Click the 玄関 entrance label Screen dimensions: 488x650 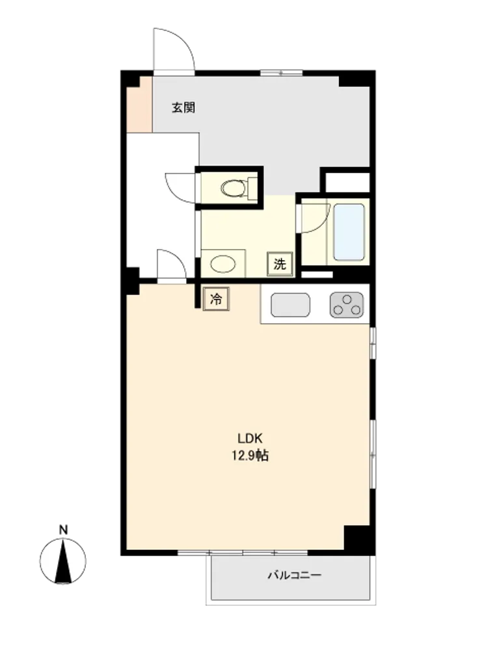point(184,108)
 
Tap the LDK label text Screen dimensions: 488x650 point(249,438)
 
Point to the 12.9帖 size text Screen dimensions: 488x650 point(250,456)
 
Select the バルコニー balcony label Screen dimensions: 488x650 point(295,575)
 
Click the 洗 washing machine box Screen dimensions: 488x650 point(280,264)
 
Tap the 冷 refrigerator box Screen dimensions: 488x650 point(216,299)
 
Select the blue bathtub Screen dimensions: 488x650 point(349,231)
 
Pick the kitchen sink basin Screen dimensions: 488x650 point(290,305)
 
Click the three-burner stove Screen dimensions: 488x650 point(347,305)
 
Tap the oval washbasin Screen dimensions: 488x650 point(223,264)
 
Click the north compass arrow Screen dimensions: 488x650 point(63,562)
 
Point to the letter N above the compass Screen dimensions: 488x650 point(63,530)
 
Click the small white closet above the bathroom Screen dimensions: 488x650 point(347,183)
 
